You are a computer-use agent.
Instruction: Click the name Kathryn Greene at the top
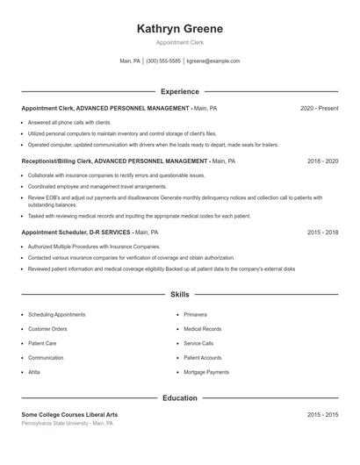(180, 29)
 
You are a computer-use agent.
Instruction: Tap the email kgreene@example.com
(212, 61)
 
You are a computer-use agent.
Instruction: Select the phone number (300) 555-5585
(163, 61)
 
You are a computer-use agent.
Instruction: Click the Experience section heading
(180, 91)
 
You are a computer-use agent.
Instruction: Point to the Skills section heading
(180, 295)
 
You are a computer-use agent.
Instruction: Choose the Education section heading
(180, 398)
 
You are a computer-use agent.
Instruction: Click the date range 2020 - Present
(319, 108)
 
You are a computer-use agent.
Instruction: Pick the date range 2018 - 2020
(322, 161)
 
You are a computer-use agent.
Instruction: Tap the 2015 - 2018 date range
(322, 232)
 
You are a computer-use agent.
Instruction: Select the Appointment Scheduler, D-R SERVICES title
(76, 232)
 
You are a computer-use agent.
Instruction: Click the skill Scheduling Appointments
(57, 314)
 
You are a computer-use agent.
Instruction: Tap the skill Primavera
(195, 314)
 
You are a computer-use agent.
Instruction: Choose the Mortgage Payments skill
(206, 372)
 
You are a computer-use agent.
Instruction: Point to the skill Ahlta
(34, 372)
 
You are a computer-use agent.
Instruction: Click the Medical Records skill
(203, 329)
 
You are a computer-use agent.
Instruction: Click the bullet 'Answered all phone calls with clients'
(69, 123)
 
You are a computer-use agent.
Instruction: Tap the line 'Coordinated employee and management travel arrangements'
(97, 186)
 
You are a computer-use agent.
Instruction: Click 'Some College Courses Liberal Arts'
(69, 414)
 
